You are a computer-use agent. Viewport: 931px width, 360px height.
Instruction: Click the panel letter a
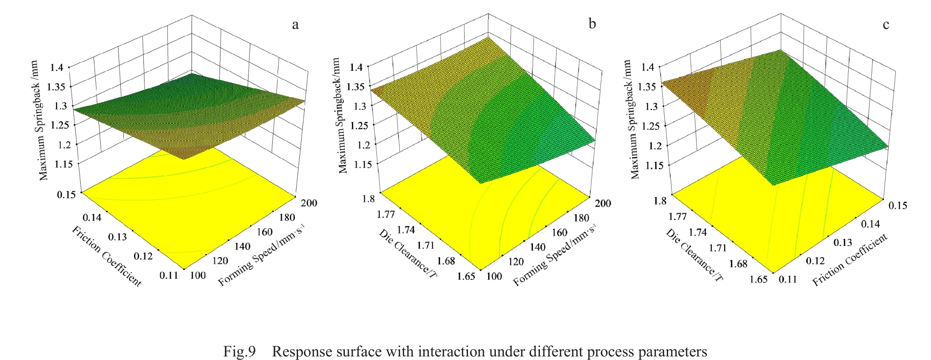[x=295, y=25]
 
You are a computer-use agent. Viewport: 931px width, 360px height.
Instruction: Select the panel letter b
[x=592, y=23]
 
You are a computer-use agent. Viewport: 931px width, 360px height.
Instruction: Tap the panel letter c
[x=886, y=25]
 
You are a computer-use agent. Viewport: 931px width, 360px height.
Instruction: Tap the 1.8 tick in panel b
[x=368, y=197]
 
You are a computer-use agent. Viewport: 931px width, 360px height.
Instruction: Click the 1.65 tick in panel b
[x=466, y=276]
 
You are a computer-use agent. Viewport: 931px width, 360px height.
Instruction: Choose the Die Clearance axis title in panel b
[x=408, y=253]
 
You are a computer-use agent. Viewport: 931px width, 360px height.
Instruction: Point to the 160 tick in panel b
[x=559, y=232]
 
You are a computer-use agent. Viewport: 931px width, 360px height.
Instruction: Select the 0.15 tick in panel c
[x=898, y=205]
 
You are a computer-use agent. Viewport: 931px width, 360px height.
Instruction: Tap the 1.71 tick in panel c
[x=718, y=247]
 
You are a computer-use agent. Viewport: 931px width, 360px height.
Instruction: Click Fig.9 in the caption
[x=240, y=352]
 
